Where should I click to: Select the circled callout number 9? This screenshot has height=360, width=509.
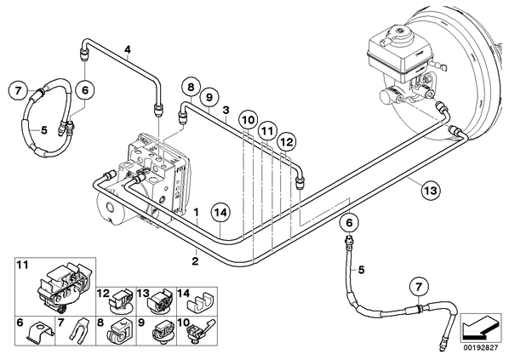(209, 97)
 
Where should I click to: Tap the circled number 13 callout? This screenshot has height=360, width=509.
(431, 191)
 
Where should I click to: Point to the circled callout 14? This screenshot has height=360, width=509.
(221, 214)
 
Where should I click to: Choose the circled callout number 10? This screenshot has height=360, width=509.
(249, 121)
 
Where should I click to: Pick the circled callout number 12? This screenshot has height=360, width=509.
(287, 142)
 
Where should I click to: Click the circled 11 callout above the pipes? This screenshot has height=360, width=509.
(267, 131)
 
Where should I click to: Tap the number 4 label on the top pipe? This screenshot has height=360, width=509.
(128, 49)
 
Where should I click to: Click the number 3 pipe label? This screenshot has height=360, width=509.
(226, 110)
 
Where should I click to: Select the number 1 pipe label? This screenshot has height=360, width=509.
(196, 213)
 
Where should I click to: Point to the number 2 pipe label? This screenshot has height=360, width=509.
(195, 260)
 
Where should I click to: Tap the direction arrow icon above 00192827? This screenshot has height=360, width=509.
(480, 328)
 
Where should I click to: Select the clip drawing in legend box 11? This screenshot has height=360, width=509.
(63, 287)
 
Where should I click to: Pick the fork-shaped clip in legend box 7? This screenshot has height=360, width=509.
(79, 330)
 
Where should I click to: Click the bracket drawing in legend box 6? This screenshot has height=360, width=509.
(39, 333)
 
